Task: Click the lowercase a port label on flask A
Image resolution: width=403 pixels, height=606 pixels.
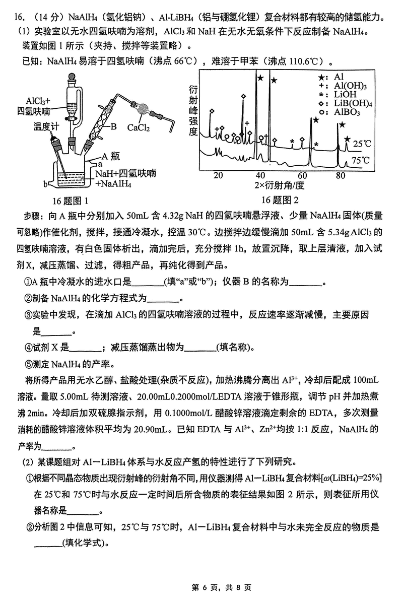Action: [x=100, y=164]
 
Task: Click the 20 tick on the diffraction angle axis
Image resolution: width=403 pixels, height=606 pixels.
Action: [x=218, y=175]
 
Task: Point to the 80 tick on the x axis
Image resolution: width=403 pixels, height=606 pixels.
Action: [x=341, y=175]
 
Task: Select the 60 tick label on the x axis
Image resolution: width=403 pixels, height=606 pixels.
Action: [x=302, y=175]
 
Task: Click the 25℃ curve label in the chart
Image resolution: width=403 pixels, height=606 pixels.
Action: [x=361, y=144]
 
